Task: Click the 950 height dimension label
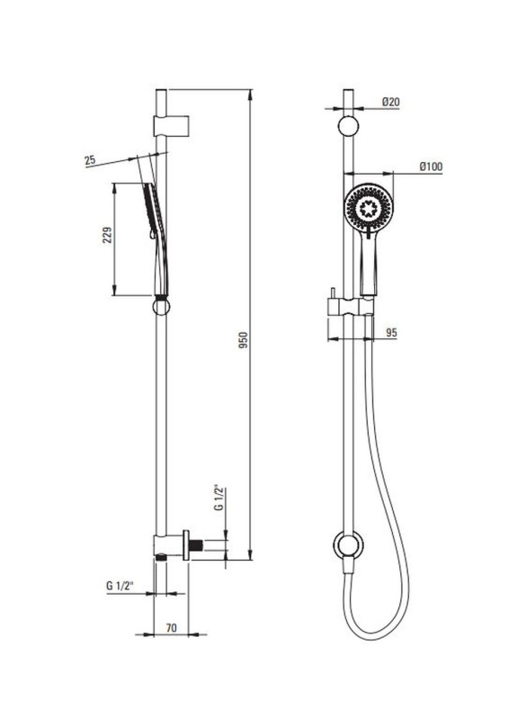pos(244,340)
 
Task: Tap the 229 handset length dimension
pos(107,235)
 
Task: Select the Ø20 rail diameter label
pos(390,102)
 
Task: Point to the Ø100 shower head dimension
pos(431,166)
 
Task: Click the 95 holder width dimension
pos(391,332)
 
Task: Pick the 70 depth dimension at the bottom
pos(171,628)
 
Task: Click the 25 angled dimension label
pos(90,160)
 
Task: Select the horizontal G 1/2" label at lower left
pos(120,586)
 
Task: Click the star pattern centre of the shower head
pos(369,208)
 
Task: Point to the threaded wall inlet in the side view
pos(197,545)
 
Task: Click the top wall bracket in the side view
pos(172,125)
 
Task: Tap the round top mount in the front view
pos(348,126)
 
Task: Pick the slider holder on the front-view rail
pos(351,307)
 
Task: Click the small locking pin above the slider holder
pos(332,293)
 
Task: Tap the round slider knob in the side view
pos(161,307)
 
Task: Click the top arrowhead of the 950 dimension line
pos(250,94)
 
